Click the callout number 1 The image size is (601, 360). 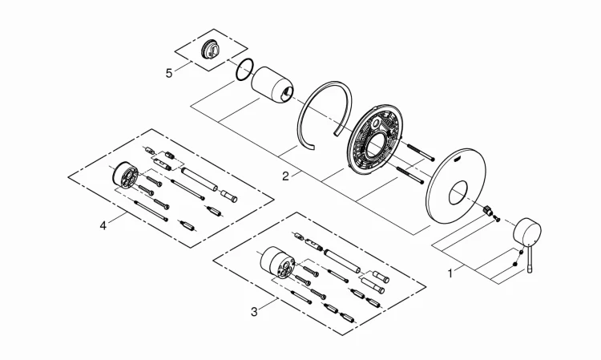pos(450,273)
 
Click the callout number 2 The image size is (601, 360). pos(285,176)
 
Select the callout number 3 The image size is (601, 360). pos(255,312)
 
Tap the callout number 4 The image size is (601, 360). pos(103,225)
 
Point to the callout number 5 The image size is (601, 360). pos(169,73)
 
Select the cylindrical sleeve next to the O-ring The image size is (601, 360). pos(272,85)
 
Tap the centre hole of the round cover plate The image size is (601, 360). pos(458,193)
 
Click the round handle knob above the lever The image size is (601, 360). pos(527,233)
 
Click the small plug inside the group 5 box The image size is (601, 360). pos(211,50)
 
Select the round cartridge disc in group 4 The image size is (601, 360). pos(125,176)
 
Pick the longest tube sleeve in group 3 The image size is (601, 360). pos(342,261)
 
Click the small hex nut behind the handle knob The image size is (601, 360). pos(487,211)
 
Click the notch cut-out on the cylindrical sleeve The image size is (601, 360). pos(287,92)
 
